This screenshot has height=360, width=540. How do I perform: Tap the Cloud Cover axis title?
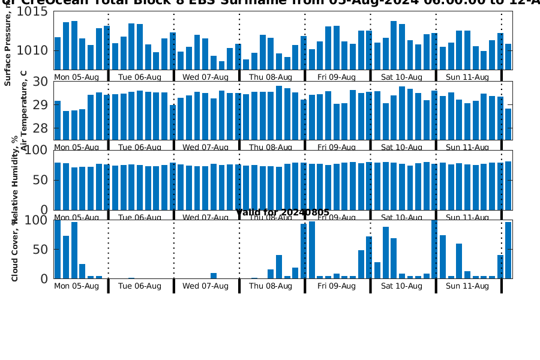[x=14, y=250]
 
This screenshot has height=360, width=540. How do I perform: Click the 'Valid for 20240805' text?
[x=283, y=213]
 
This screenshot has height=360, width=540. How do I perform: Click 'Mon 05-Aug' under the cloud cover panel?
[x=76, y=286]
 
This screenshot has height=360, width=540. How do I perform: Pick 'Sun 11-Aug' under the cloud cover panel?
[x=467, y=286]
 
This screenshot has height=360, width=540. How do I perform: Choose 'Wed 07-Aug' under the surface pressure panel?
[x=205, y=77]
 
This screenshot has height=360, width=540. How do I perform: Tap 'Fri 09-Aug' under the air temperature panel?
[x=337, y=147]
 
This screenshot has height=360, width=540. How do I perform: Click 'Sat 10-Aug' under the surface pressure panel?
[x=401, y=77]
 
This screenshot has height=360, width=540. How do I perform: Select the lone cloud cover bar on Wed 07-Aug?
[x=214, y=276]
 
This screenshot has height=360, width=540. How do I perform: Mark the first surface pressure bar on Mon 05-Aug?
[x=58, y=53]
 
